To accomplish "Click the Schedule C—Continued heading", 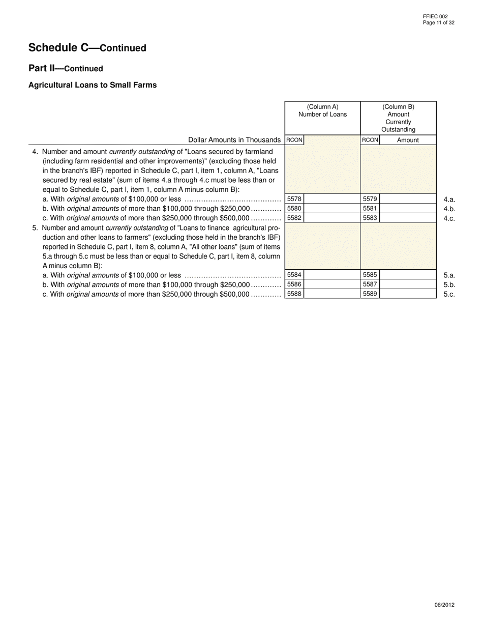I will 87,48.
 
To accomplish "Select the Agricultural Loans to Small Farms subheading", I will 92,85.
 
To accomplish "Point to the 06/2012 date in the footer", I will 444,605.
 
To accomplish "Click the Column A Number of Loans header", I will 322,110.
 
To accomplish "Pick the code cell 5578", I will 294,199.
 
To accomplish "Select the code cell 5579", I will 370,199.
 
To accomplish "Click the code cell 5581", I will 370,209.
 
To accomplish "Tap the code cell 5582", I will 294,218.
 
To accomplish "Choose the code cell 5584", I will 294,275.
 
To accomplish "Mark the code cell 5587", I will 370,284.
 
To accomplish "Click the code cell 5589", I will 370,294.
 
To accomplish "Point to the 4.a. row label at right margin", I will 449,200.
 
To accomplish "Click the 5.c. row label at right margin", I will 449,294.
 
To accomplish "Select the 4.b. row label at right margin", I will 449,209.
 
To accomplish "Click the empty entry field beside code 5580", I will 331,209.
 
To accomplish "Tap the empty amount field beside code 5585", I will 408,275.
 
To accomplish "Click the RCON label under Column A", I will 294,140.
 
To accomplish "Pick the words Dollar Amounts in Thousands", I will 234,140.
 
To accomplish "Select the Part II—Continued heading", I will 66,69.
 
